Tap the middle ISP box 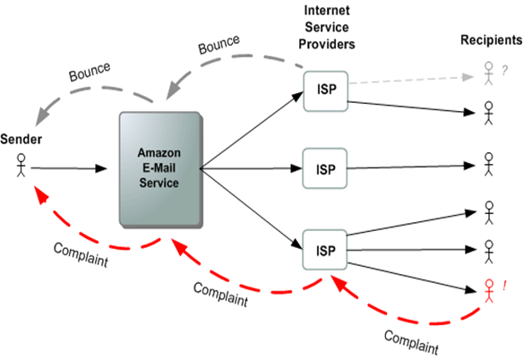coord(324,167)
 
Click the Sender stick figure coord(22,166)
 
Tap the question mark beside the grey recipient coord(505,68)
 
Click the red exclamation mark coord(505,287)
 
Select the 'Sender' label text coord(20,140)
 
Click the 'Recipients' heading coord(490,40)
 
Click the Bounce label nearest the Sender coord(89,72)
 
